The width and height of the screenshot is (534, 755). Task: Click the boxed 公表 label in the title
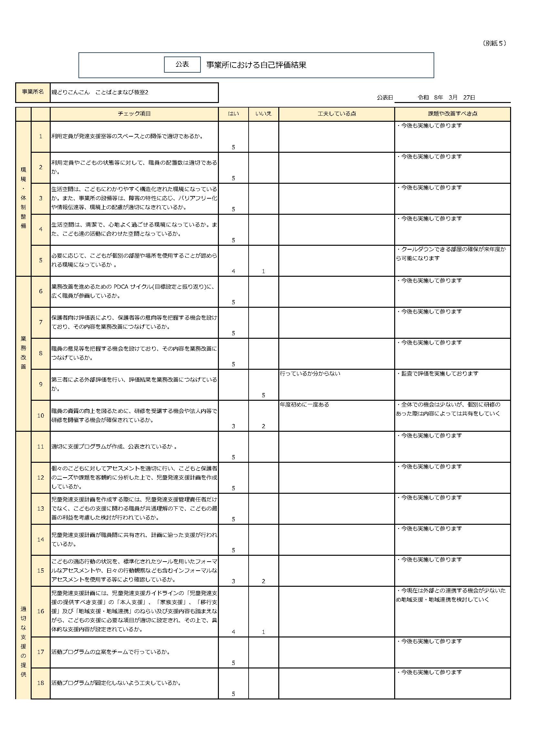(182, 65)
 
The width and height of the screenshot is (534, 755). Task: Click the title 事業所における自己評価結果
(256, 65)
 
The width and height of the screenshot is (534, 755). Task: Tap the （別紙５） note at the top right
(494, 43)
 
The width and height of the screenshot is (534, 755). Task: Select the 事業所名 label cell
(33, 92)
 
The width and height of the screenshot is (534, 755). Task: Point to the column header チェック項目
(134, 114)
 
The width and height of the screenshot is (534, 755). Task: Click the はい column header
(233, 114)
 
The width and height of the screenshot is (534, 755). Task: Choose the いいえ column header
(263, 114)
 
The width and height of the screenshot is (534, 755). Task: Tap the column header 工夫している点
(336, 114)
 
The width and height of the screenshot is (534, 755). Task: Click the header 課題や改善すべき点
(452, 114)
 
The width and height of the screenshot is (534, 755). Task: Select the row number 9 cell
(41, 384)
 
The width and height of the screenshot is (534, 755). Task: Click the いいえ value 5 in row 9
(263, 395)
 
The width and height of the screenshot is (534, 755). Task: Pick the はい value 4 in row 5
(233, 271)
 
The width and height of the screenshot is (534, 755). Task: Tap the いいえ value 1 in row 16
(263, 632)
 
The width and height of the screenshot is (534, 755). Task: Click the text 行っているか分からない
(310, 374)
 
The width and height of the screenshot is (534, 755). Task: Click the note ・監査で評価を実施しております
(438, 374)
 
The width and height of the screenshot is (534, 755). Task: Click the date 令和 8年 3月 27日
(446, 97)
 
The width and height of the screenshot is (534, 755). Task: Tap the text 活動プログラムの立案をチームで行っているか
(111, 652)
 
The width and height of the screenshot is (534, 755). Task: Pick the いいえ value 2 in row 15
(263, 581)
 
